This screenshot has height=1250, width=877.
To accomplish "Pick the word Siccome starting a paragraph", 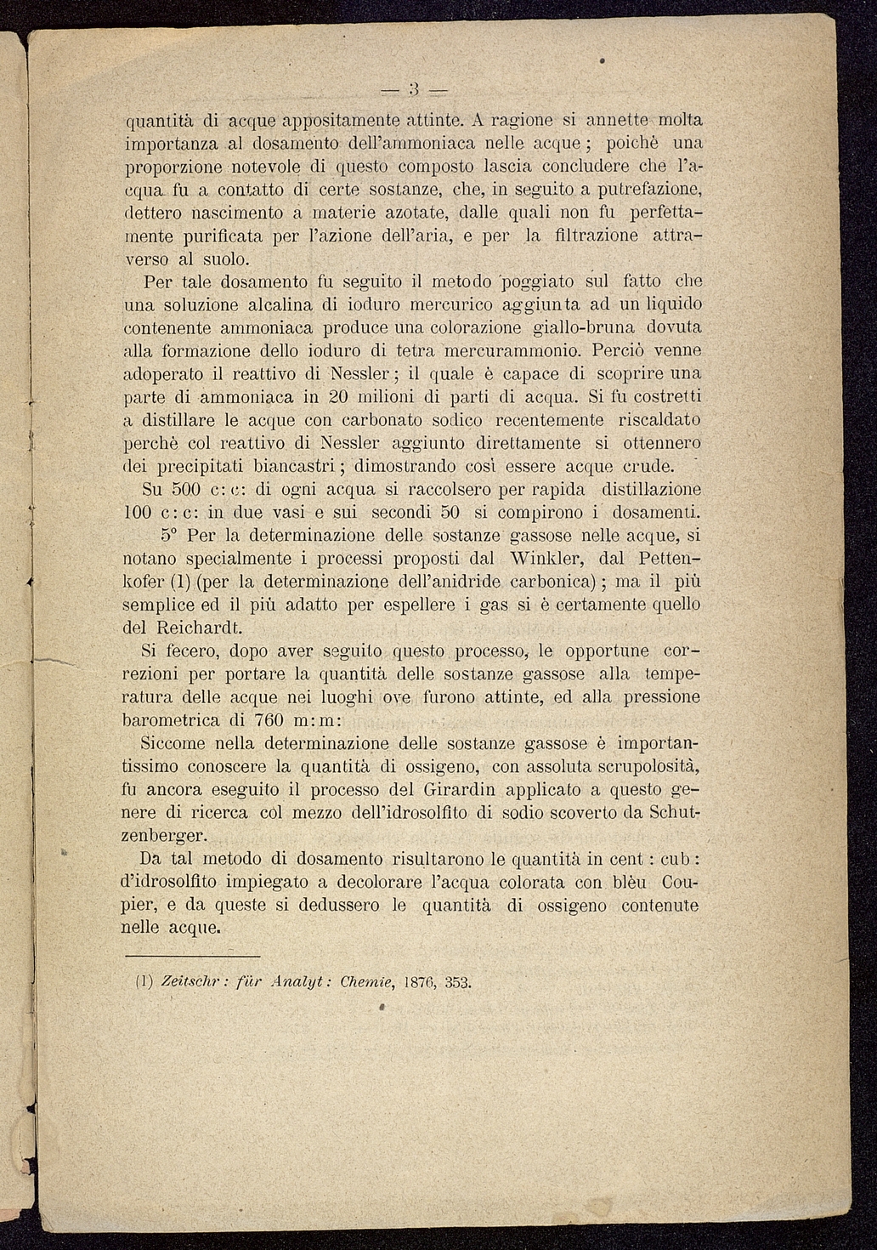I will pyautogui.click(x=174, y=743).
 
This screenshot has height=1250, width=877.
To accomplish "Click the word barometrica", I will pyautogui.click(x=172, y=720).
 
